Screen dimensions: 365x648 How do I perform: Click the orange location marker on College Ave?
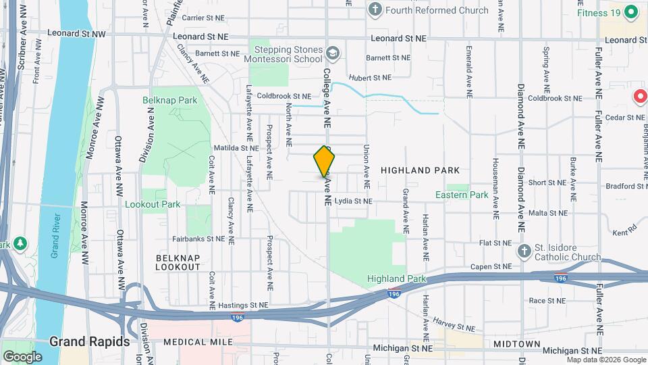pyautogui.click(x=325, y=162)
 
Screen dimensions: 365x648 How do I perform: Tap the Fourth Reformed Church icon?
pyautogui.click(x=376, y=10)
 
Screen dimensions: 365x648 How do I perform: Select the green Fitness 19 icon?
pyautogui.click(x=631, y=11)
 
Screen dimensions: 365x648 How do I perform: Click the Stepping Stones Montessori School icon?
pyautogui.click(x=331, y=53)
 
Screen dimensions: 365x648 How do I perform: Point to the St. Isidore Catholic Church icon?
pyautogui.click(x=524, y=251)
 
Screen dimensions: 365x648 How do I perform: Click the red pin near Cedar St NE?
pyautogui.click(x=640, y=97)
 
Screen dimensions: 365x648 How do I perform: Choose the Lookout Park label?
pyautogui.click(x=153, y=204)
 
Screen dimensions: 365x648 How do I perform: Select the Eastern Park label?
pyautogui.click(x=462, y=195)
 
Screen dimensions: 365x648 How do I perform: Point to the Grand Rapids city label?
pyautogui.click(x=89, y=342)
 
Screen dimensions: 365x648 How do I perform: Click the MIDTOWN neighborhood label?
pyautogui.click(x=516, y=344)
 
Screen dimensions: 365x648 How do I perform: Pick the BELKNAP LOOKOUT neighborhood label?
pyautogui.click(x=178, y=262)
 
